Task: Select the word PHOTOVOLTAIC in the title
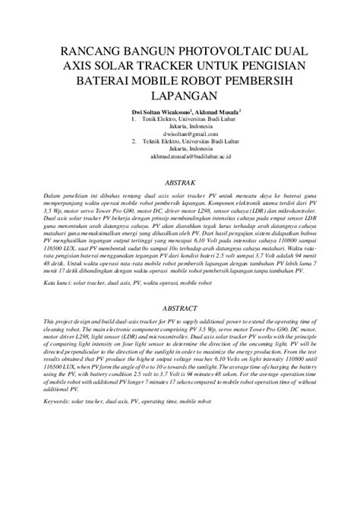coord(227,50)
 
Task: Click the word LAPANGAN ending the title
coord(180,96)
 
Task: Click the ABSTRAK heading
coord(180,183)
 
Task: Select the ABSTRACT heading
coord(180,309)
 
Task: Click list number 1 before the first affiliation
coord(134,119)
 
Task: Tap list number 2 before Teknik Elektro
coord(134,141)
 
